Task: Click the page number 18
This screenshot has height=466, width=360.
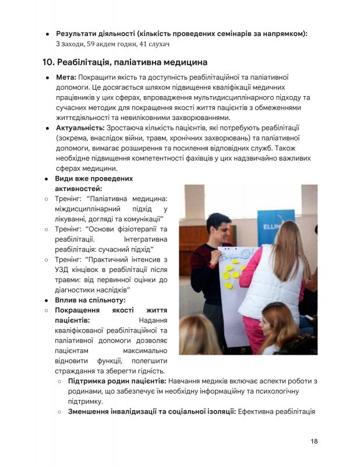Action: click(314, 441)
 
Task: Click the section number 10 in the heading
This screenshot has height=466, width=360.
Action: click(48, 62)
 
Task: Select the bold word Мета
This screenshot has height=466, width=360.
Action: click(65, 77)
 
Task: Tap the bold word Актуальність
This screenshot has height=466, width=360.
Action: click(80, 128)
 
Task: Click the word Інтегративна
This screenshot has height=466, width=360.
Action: click(146, 239)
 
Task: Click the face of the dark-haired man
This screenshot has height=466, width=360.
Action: click(220, 230)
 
